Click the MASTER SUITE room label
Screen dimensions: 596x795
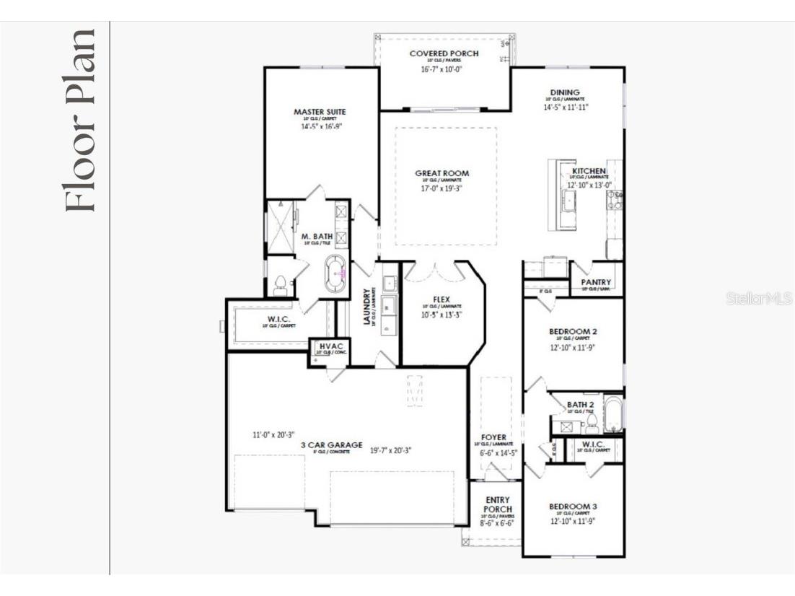coord(320,112)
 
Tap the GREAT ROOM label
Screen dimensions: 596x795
coord(442,173)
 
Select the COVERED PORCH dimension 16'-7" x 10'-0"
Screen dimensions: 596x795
coord(441,69)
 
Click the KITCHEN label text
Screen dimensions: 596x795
coord(589,171)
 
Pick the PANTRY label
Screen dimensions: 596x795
coord(597,282)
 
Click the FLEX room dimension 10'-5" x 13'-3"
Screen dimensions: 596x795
coord(442,315)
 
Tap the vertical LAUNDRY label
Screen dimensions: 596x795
coord(367,307)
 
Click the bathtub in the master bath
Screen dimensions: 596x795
coord(335,273)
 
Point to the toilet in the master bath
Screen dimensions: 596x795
coord(281,286)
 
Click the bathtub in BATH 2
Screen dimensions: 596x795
coord(612,414)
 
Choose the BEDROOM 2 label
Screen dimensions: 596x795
coord(573,332)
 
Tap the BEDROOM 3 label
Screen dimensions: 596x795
coord(573,507)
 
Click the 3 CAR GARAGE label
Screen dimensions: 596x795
coord(331,445)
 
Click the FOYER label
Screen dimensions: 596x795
coord(494,437)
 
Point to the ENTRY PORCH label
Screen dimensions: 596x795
coord(498,504)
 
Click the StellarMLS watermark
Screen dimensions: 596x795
coord(758,297)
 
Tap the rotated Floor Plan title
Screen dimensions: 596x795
coord(79,120)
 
